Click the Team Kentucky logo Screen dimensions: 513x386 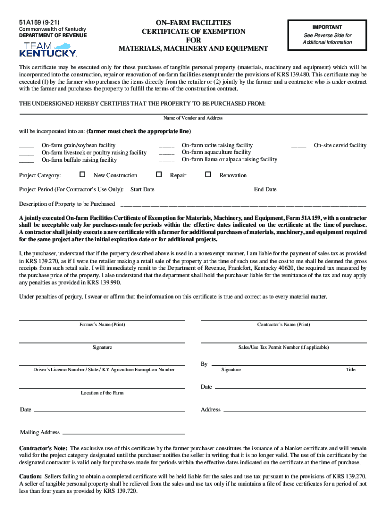click(48, 49)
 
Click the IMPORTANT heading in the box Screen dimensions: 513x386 click(328, 27)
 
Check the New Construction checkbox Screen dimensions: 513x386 click(83, 175)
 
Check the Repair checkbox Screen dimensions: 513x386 click(159, 175)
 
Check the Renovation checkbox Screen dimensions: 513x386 click(208, 175)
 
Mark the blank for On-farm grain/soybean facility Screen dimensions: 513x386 click(26, 146)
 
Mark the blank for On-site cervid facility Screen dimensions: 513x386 click(299, 146)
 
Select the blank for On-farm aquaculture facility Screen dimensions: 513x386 click(167, 153)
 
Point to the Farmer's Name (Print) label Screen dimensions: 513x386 click(102, 325)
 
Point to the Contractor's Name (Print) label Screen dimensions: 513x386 click(284, 325)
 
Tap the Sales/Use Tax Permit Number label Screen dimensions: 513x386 click(284, 347)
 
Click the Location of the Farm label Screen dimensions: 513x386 click(102, 393)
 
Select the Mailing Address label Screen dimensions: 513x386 click(40, 432)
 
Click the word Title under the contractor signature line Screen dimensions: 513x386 click(351, 370)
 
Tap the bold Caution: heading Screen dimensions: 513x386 click(31, 476)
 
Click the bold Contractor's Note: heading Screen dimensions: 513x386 click(43, 448)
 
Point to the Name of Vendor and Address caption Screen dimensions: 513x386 click(193, 118)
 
